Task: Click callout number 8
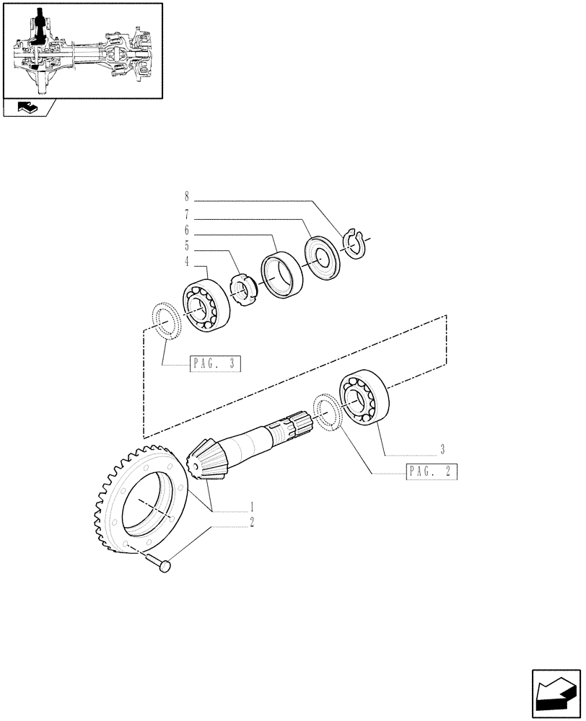point(187,195)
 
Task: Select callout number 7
point(187,214)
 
